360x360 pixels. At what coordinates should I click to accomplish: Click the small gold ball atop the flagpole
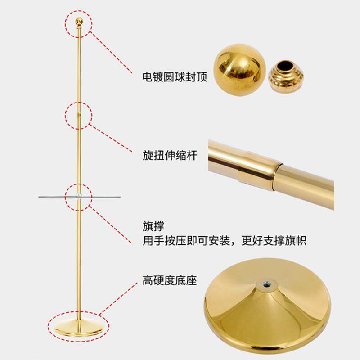(x=79, y=21)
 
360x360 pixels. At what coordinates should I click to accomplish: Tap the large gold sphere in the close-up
(x=239, y=69)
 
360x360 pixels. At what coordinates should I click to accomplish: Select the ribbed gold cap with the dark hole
(x=286, y=76)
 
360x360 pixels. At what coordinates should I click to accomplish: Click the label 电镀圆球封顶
(x=175, y=76)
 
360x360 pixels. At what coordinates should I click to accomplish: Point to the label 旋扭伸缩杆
(x=170, y=155)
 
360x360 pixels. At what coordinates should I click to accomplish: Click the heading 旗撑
(x=153, y=226)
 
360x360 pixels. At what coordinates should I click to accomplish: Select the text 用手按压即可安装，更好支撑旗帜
(x=224, y=241)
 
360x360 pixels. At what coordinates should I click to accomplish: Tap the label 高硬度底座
(x=170, y=280)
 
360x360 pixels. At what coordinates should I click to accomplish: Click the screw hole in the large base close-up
(x=266, y=285)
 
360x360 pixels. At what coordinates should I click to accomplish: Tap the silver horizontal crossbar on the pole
(x=79, y=197)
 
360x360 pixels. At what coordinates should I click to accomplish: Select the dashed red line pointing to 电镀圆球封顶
(x=111, y=52)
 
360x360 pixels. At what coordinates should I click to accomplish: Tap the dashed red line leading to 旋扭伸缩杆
(x=110, y=138)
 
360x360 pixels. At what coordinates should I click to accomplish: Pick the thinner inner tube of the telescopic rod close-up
(x=306, y=185)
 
